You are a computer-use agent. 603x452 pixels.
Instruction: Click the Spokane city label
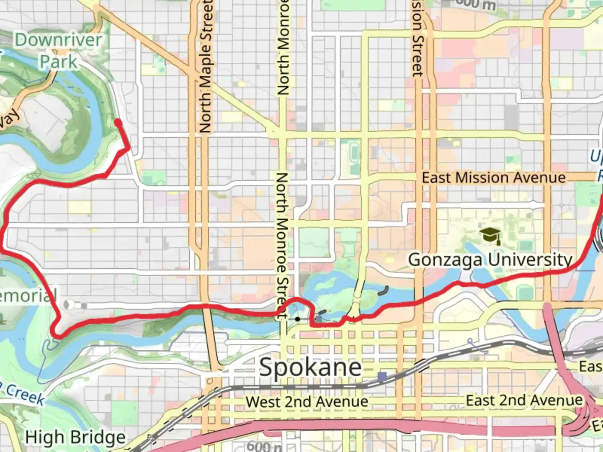click(310, 367)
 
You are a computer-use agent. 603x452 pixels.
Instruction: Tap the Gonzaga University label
click(490, 259)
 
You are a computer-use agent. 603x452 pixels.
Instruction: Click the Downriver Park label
click(58, 51)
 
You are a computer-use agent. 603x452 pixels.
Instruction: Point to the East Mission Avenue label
click(493, 177)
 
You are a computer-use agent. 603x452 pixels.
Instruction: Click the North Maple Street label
click(205, 67)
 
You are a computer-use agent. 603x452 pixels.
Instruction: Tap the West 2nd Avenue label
click(307, 402)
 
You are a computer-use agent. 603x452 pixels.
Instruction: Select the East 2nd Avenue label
click(524, 400)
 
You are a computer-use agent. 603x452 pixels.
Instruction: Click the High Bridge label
click(75, 437)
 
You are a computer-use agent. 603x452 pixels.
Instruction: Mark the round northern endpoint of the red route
click(118, 123)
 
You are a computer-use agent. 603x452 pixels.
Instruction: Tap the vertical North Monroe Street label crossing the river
click(282, 247)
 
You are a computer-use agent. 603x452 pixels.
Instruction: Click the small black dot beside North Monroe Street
click(297, 319)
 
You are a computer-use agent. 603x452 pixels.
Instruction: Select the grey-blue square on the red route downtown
click(319, 319)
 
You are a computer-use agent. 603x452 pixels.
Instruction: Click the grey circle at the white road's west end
click(70, 305)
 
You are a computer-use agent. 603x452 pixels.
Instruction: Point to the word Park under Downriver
click(58, 62)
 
